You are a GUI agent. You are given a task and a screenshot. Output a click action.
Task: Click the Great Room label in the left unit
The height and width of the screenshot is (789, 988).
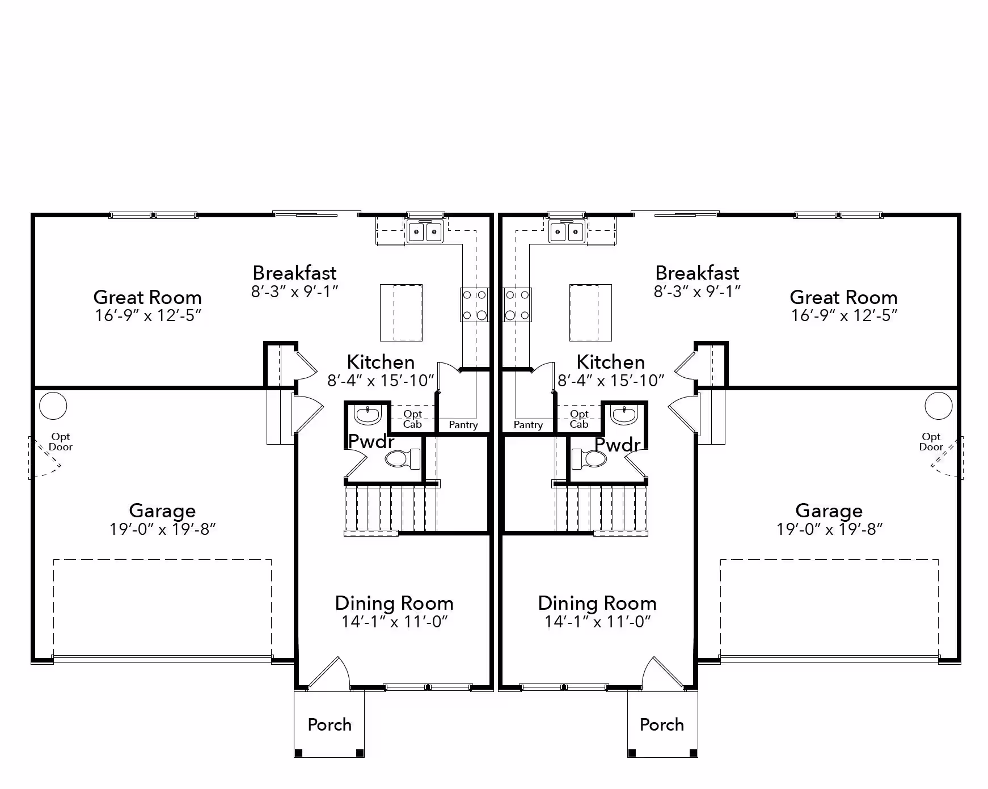pos(147,297)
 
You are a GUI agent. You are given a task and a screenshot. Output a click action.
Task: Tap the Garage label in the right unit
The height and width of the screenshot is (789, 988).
pos(829,510)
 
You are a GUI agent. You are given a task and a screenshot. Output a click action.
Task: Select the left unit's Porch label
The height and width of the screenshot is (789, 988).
pos(330,724)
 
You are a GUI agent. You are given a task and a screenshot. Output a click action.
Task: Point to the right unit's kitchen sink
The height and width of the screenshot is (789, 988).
pos(566,231)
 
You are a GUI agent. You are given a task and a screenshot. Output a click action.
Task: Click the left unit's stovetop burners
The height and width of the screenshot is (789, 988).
pos(474,305)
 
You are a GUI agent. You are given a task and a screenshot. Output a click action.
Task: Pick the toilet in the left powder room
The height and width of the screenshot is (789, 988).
pos(403,458)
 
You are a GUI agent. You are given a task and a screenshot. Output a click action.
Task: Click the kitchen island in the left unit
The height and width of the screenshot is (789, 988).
pos(401,313)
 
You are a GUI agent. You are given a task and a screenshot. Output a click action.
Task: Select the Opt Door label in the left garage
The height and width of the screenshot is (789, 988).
pos(61,442)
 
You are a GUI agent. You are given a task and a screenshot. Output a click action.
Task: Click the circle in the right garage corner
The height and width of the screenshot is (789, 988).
pos(939,406)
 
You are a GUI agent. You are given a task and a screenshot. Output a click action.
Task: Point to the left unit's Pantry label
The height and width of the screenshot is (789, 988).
pos(463,425)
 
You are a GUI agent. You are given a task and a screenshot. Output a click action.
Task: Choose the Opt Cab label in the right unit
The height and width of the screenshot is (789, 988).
pos(579,419)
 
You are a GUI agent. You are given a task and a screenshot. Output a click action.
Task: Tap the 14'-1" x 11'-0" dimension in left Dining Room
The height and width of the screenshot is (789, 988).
pos(395,622)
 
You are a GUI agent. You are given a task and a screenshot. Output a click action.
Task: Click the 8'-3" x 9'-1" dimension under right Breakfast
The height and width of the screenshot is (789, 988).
pos(697,292)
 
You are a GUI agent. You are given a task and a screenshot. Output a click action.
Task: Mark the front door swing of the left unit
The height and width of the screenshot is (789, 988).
pos(329,673)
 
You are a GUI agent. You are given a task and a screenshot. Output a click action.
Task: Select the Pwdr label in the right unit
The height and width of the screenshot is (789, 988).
pos(618,445)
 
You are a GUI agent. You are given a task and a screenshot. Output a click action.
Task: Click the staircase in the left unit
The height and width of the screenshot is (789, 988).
pos(391,508)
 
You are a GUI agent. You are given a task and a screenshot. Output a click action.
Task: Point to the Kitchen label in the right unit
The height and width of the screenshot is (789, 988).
pos(611,362)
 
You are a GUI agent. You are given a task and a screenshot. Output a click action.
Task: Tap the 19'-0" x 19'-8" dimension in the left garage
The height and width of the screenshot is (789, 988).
pos(163,529)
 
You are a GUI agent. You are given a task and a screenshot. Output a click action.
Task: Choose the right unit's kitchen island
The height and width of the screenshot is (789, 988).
pos(591,313)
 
